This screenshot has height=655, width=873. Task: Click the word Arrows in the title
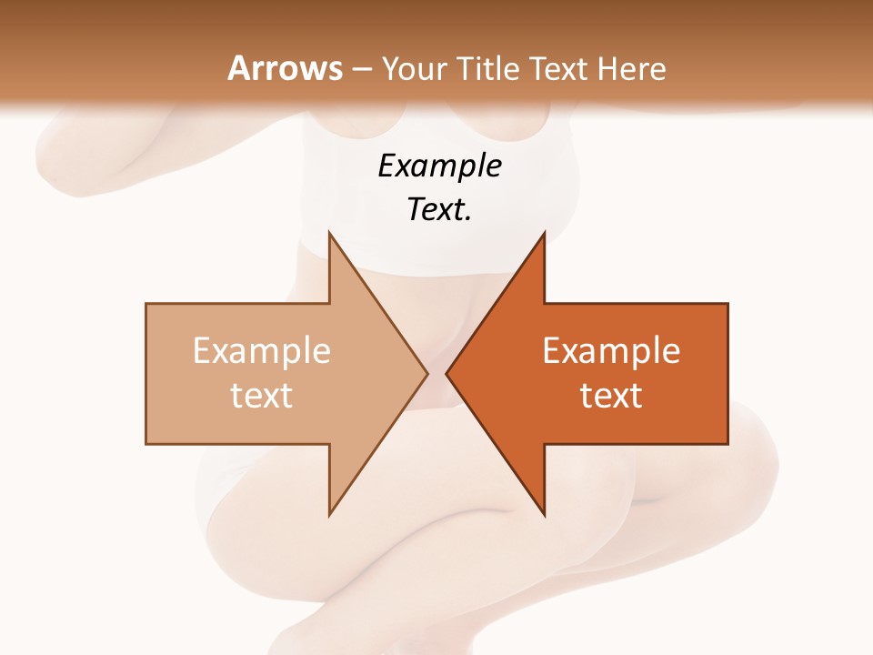[x=286, y=68]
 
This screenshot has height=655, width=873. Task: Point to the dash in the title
[x=362, y=70]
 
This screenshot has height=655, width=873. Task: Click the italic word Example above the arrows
[x=439, y=166]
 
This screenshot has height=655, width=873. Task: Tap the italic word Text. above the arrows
[x=439, y=210]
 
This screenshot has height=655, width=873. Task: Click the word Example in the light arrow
[x=262, y=350]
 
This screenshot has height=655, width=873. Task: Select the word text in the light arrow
[x=262, y=395]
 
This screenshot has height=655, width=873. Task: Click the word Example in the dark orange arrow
[x=611, y=350]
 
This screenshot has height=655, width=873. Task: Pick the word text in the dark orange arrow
[x=611, y=395]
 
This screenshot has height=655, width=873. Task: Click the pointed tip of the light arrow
[x=427, y=373]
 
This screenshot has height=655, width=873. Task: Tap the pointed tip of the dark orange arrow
[x=447, y=373]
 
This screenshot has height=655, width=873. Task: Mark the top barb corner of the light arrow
[x=329, y=233]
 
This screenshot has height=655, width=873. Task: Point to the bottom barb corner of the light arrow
[x=329, y=515]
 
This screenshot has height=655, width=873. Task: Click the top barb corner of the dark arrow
[x=544, y=233]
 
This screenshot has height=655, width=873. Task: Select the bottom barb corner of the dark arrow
[x=544, y=515]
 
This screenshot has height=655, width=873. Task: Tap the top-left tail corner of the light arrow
[x=146, y=304]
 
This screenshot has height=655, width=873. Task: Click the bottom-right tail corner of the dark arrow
[x=727, y=444]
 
